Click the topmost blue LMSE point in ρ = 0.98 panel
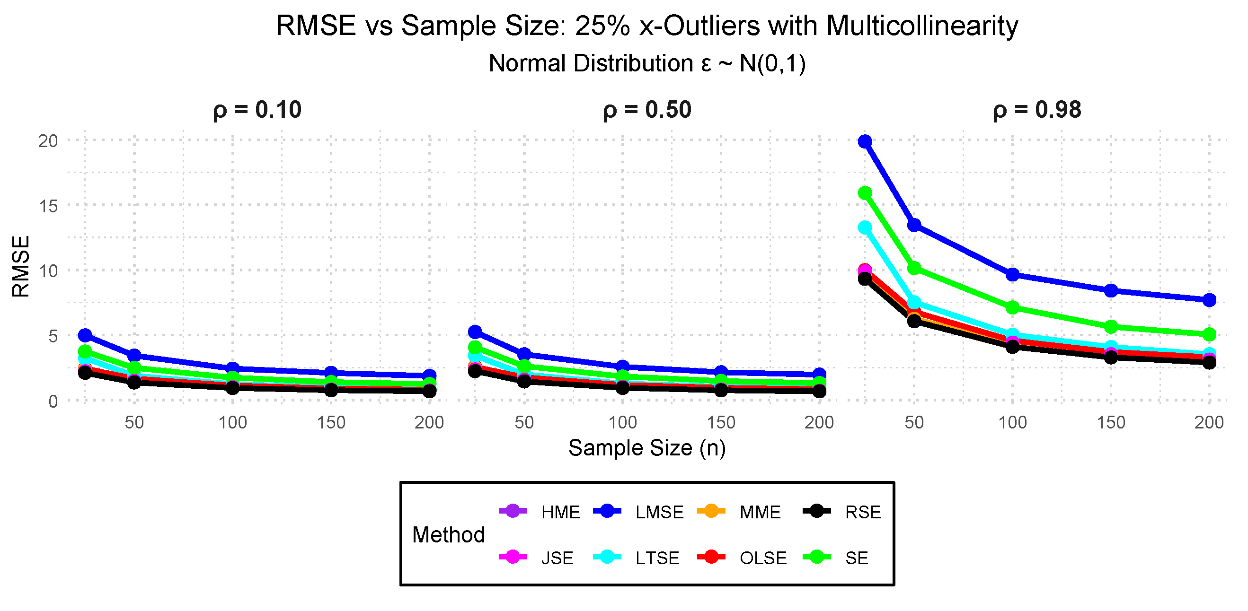point(865,141)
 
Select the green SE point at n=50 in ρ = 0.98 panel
point(914,268)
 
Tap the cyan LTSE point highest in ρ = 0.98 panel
point(865,227)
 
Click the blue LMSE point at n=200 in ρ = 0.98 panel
point(1209,300)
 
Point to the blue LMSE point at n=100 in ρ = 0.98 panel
point(1012,274)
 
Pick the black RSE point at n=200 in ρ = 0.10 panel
point(429,391)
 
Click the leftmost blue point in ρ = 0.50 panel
point(475,332)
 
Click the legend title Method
point(448,535)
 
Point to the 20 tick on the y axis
point(48,141)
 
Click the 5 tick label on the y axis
point(53,336)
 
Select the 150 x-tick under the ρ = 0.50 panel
point(721,423)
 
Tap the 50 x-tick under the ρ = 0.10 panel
point(134,423)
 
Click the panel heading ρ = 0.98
point(1036,110)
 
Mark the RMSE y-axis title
point(21,266)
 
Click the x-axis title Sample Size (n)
point(647,448)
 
